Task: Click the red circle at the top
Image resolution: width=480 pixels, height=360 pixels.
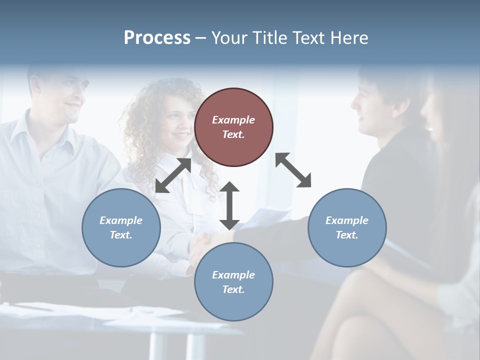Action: tap(233, 127)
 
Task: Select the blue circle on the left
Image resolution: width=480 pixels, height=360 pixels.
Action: tap(121, 227)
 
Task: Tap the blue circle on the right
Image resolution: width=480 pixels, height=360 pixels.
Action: tap(347, 227)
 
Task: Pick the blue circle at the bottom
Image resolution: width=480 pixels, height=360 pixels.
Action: tap(233, 282)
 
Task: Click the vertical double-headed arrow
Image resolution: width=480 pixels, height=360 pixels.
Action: tap(229, 205)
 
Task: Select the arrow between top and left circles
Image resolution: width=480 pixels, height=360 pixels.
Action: tap(173, 175)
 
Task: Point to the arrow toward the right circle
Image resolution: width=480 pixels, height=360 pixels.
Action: tap(293, 170)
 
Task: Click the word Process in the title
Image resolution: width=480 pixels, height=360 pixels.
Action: tap(157, 38)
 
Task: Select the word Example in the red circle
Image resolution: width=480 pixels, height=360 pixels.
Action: tap(233, 120)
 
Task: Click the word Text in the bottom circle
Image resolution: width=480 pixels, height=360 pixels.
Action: tap(232, 289)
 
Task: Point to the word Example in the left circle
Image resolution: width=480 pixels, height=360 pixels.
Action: tap(121, 220)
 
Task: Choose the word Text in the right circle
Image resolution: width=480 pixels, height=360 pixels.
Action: tap(346, 235)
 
